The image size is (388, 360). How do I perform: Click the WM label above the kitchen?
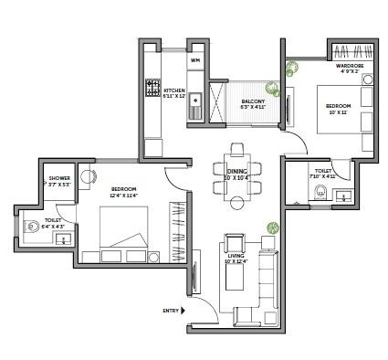194,60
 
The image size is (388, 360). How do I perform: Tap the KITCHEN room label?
174,91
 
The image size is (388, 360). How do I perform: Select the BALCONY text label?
253,102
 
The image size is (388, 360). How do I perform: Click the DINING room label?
236,172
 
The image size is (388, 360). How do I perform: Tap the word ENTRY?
170,312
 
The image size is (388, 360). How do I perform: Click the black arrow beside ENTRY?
185,312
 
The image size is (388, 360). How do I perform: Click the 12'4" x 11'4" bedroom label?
123,192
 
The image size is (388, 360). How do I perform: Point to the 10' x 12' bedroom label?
338,109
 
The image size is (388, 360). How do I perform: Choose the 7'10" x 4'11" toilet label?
325,173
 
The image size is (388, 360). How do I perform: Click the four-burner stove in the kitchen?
152,90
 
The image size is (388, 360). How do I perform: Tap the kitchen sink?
194,111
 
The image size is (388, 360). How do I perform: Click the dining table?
236,171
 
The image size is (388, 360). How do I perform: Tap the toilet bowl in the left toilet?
33,225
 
